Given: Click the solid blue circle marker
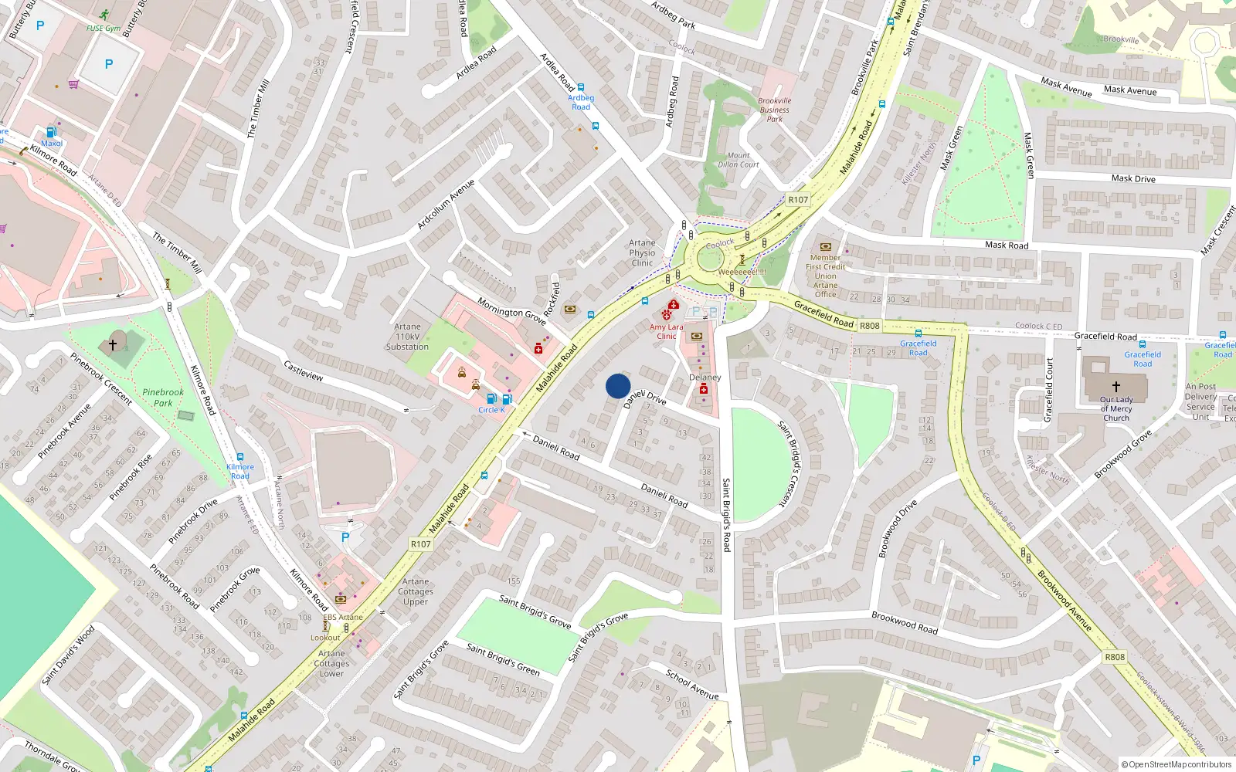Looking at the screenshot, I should pos(618,386).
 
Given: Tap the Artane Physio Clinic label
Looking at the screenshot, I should pos(642,252).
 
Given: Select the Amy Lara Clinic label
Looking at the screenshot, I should pos(666,331).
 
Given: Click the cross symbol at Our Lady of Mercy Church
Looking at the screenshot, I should pos(1116,386).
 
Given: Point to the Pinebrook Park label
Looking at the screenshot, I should pos(163,398).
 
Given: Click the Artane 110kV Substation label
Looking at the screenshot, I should pos(407,337).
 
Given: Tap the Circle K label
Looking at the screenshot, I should pos(491,410).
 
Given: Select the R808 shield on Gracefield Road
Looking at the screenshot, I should pos(870,326).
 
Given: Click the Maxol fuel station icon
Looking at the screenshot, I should pos(51,132).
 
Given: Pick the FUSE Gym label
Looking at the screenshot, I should pos(103,29).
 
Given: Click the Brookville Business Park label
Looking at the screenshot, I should pos(774,110).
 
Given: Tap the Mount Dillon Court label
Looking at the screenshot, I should pos(739,160).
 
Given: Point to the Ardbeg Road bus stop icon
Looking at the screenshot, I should pos(581,88).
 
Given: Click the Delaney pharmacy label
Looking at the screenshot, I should pos(705,378).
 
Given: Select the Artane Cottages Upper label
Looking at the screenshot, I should pos(416,591).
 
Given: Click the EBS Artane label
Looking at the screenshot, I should pos(342,617).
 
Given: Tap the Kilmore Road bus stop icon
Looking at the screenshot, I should pos(240,457).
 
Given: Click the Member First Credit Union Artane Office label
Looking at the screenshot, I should pos(825,276).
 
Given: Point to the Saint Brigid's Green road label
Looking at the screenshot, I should pos(503,659).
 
